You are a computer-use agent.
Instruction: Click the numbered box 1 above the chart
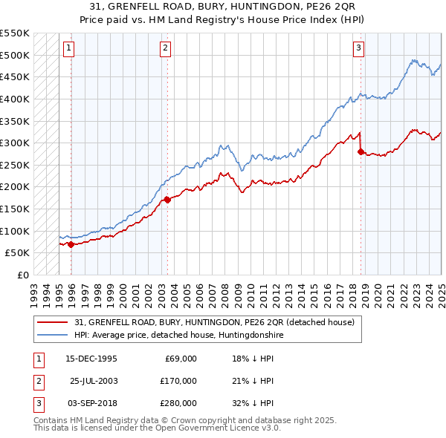click(68, 49)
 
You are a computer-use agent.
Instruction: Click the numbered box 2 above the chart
click(164, 49)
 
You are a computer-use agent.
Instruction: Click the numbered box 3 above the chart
click(358, 49)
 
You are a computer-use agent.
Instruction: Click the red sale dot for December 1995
click(71, 244)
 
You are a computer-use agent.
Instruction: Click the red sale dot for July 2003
click(167, 200)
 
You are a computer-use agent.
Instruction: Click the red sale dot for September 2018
click(361, 151)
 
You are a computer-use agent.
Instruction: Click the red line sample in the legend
click(54, 322)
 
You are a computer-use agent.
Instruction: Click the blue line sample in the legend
click(54, 335)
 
